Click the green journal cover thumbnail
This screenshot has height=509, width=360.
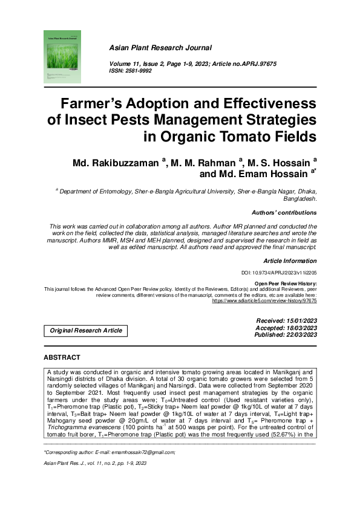point(62,57)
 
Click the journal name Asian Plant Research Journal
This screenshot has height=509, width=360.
point(160,47)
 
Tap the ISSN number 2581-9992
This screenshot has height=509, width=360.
point(139,71)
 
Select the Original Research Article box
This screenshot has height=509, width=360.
point(86,330)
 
